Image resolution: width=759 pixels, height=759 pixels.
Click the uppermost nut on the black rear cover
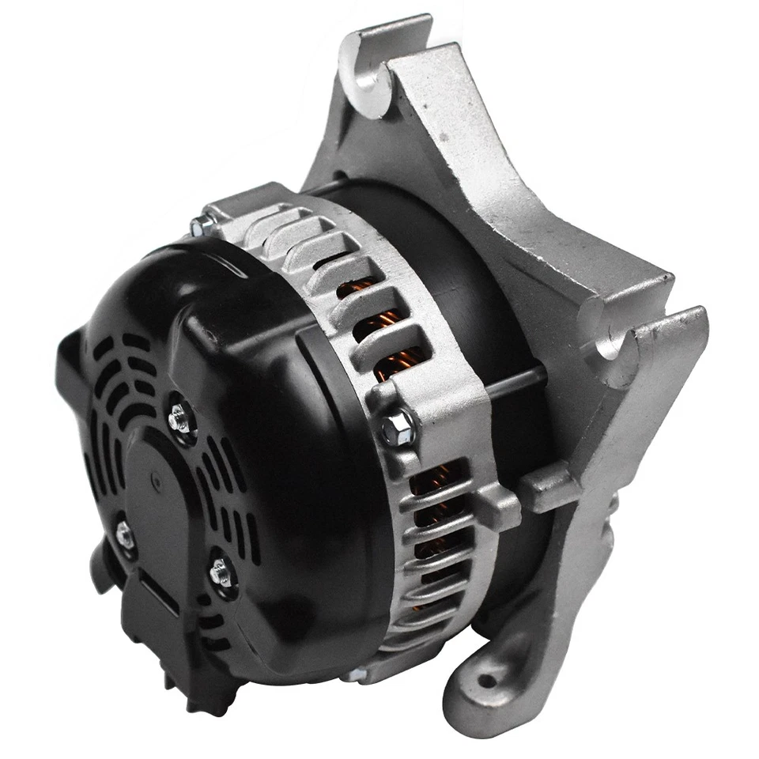pos(179,415)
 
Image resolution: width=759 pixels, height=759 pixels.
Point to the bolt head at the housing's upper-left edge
pos(198,226)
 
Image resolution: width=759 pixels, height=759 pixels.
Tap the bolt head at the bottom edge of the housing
pos(353,674)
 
